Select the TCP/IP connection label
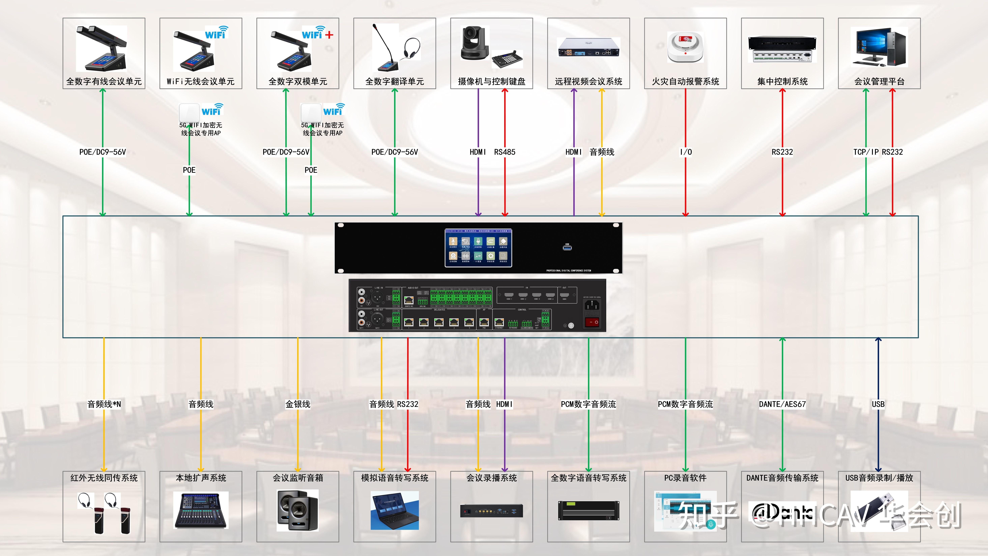[x=866, y=152]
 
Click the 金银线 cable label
[x=298, y=404]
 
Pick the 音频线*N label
[x=104, y=404]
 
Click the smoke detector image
[x=685, y=48]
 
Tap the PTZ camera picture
[x=475, y=43]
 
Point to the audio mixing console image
[x=201, y=510]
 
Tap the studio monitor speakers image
[x=298, y=510]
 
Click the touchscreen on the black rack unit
[x=478, y=248]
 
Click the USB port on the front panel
[x=567, y=247]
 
